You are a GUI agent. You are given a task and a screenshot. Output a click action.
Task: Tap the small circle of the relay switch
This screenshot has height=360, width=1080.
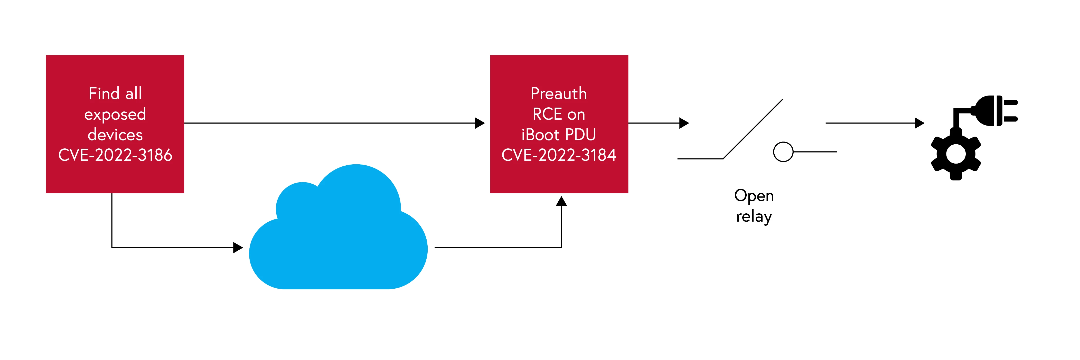tap(783, 152)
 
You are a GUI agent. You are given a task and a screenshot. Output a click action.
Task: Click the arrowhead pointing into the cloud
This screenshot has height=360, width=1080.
tap(238, 248)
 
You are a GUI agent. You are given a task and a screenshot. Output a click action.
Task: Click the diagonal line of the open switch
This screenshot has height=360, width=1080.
tap(753, 129)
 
